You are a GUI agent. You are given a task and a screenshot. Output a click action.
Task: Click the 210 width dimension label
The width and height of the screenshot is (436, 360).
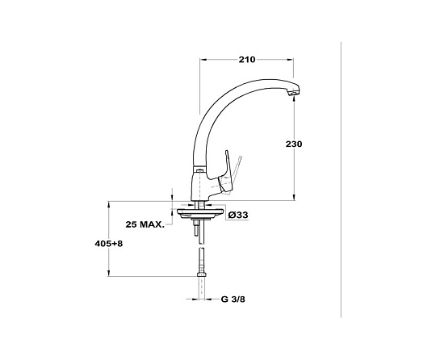(246, 60)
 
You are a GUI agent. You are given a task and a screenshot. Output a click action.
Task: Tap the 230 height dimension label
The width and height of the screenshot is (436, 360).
(294, 144)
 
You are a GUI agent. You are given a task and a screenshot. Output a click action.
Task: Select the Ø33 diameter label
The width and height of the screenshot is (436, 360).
(237, 215)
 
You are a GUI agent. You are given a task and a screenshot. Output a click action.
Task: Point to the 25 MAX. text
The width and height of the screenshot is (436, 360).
(145, 224)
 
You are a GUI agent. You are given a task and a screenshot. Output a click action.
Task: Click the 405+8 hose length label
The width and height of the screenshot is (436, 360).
(109, 244)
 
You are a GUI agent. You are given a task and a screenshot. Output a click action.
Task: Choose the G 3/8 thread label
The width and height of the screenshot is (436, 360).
(233, 299)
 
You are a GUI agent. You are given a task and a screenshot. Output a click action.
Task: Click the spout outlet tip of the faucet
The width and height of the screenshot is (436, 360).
(294, 94)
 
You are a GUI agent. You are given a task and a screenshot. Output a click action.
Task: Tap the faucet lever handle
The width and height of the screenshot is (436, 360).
(227, 174)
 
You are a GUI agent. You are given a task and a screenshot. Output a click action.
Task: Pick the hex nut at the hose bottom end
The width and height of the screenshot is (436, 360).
(202, 274)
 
